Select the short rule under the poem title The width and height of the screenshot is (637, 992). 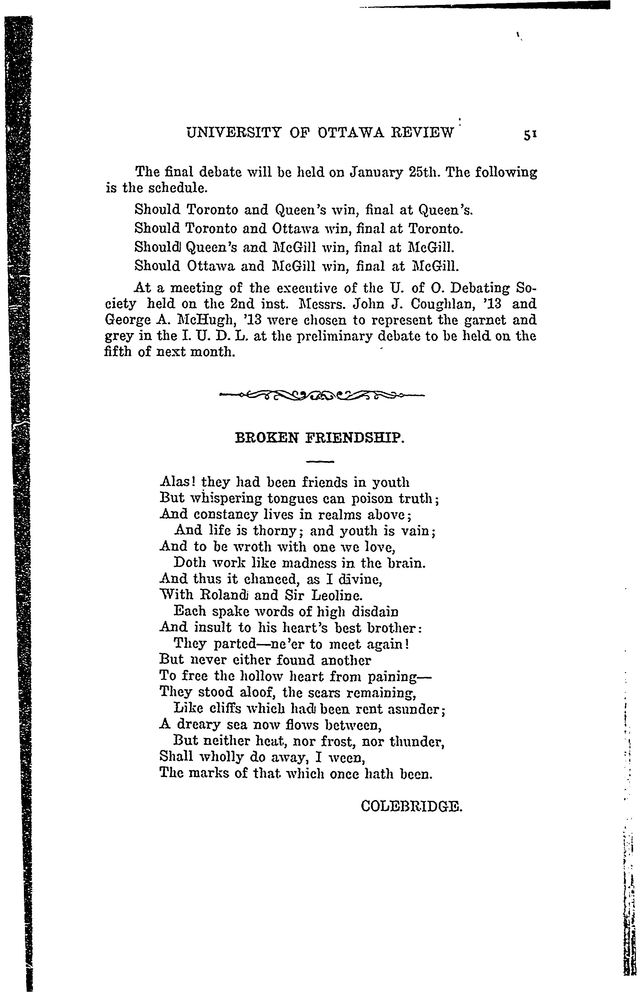[319, 461]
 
